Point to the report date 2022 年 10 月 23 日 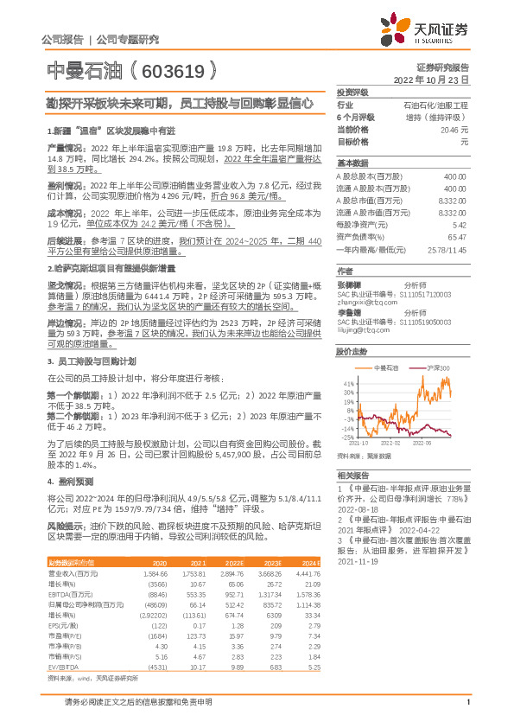[430, 79]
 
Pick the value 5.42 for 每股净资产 [459, 224]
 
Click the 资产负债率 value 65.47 [456, 236]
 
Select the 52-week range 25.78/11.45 [447, 248]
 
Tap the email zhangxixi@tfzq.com [365, 303]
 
